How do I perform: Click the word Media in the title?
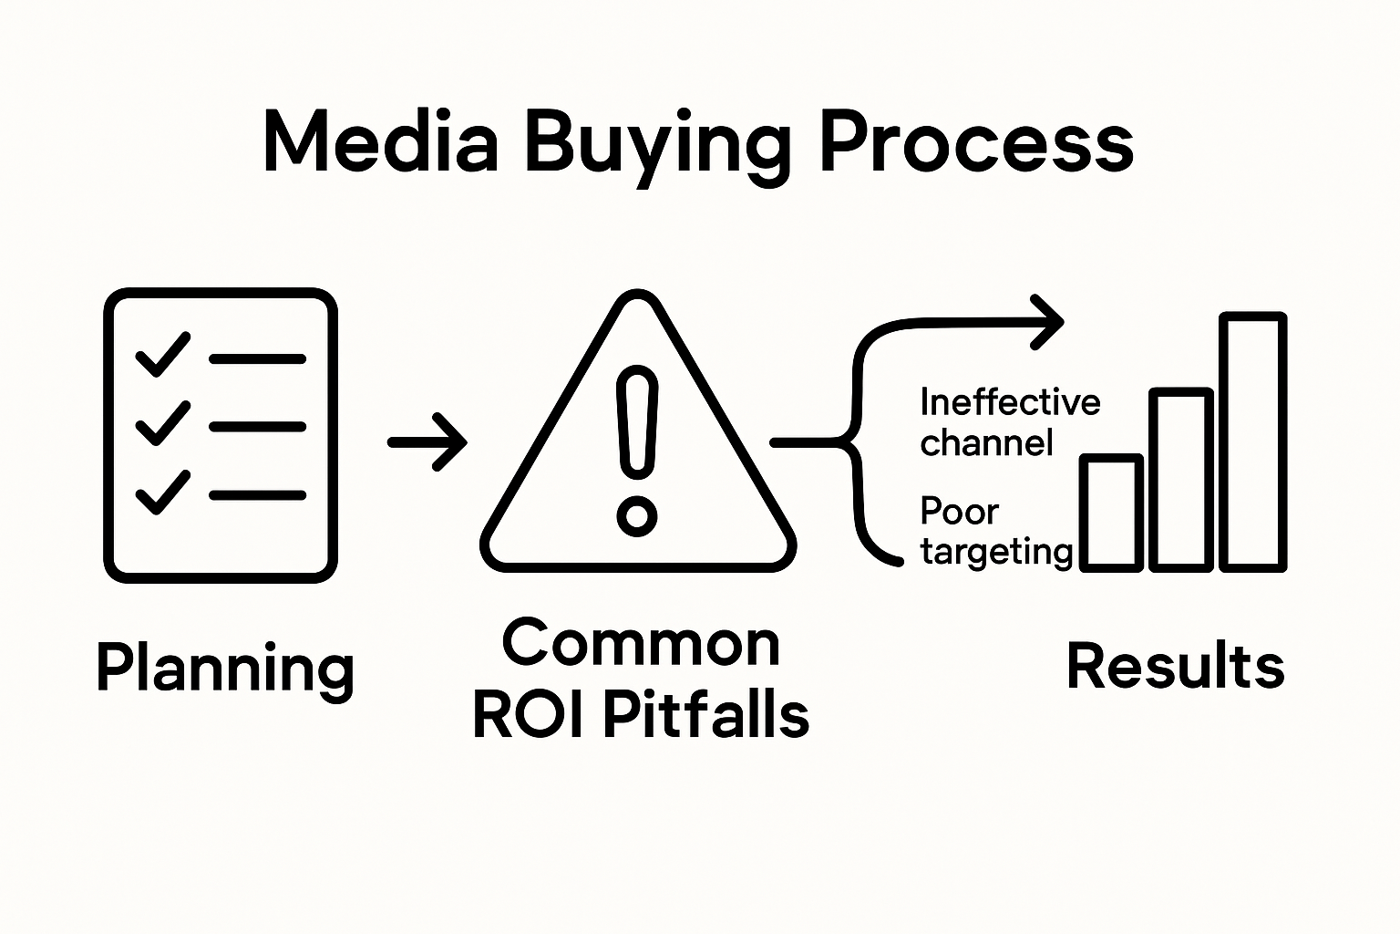coord(380,144)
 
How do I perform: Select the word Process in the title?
coord(976,144)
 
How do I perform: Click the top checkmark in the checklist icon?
coord(162,354)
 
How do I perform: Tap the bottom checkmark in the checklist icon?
coord(162,493)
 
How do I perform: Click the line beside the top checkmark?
coord(257,359)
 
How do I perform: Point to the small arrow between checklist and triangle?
coord(427,442)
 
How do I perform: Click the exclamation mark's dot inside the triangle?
coord(636,517)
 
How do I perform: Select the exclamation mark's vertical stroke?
coord(636,424)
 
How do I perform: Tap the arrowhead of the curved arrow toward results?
coord(1048,321)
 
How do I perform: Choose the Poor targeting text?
coord(995,532)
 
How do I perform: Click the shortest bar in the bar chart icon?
coord(1111,513)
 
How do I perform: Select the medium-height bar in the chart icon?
coord(1181,480)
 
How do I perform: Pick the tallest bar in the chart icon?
coord(1253,442)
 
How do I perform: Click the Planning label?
coord(224,669)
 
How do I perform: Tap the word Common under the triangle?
coord(641,643)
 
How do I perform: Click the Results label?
coord(1175,666)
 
